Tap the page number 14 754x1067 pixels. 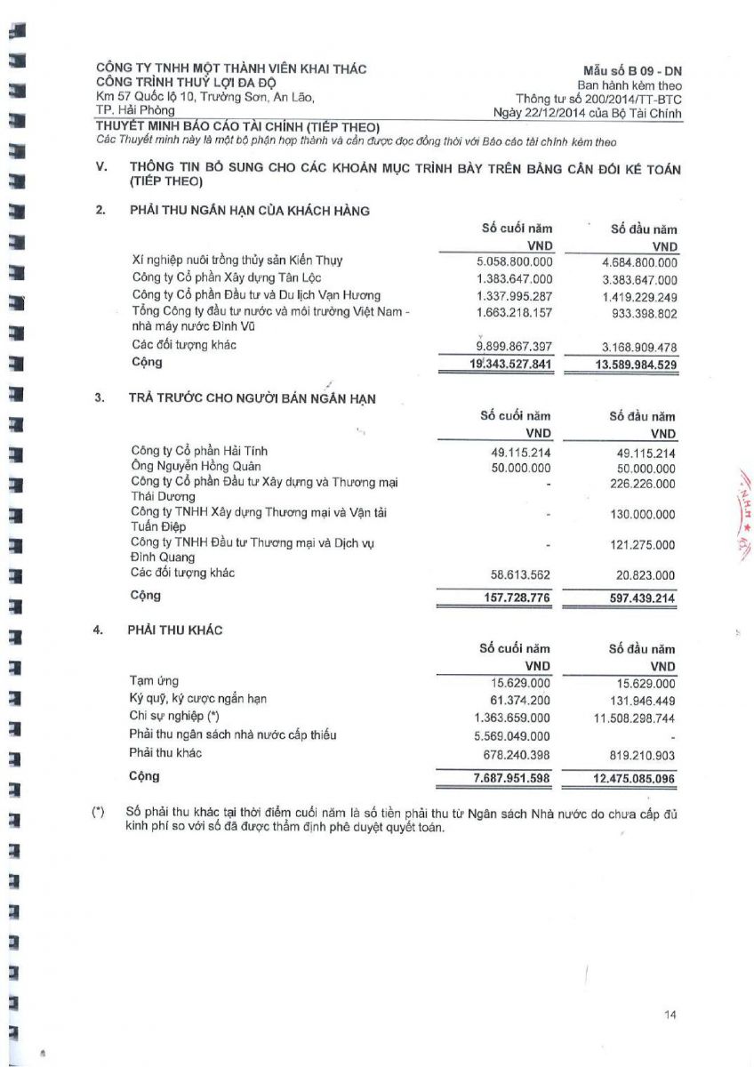pyautogui.click(x=670, y=1014)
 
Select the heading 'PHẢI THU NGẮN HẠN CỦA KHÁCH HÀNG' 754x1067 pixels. pyautogui.click(x=250, y=211)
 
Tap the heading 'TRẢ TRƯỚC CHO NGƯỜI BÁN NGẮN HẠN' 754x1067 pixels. pyautogui.click(x=252, y=398)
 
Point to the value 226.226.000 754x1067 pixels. pyautogui.click(x=643, y=484)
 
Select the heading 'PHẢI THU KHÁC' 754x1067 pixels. pyautogui.click(x=175, y=630)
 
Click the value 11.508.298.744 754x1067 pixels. pyautogui.click(x=634, y=717)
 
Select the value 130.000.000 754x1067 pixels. pyautogui.click(x=643, y=515)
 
